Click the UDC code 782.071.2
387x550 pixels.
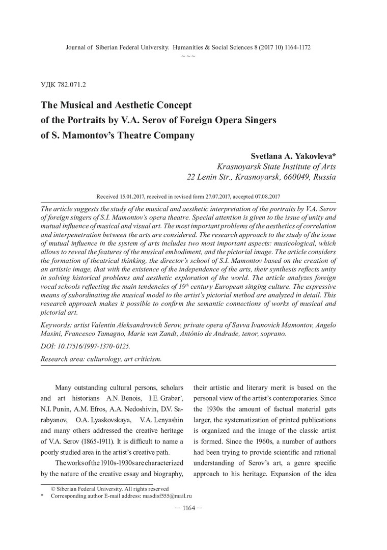66,85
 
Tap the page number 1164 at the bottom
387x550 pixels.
193,508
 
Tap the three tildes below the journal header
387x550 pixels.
188,55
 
